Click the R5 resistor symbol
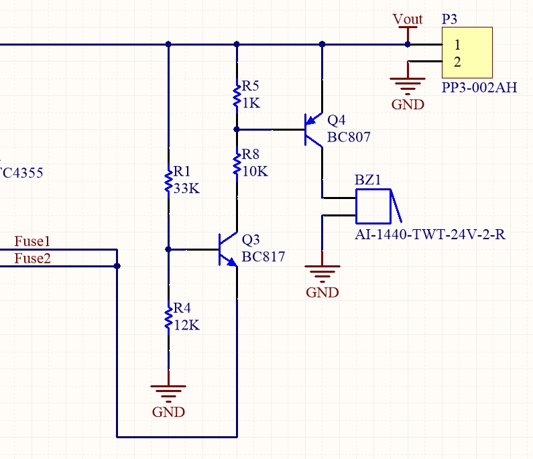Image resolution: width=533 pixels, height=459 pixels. click(237, 96)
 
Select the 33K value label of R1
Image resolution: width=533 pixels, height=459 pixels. click(186, 188)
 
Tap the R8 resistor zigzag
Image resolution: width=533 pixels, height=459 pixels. click(237, 164)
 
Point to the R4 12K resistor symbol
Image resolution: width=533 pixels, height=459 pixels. click(168, 318)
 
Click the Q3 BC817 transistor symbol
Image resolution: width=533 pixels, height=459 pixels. click(229, 249)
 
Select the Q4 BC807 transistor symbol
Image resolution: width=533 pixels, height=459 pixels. click(313, 130)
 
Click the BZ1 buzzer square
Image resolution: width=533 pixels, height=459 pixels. click(373, 206)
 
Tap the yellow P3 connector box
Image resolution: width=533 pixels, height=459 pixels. click(467, 53)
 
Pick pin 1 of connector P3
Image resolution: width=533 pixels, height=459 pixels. click(457, 44)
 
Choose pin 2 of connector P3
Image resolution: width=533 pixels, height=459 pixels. click(457, 62)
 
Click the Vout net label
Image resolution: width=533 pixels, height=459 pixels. click(408, 19)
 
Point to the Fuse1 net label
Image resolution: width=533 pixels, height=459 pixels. click(32, 241)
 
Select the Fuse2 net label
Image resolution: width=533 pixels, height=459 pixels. click(32, 259)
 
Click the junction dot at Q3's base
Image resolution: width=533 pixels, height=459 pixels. click(168, 249)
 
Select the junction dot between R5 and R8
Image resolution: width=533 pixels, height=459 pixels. click(237, 129)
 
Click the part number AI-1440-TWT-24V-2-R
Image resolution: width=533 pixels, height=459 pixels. click(430, 235)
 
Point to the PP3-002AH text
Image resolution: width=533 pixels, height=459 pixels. click(479, 88)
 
